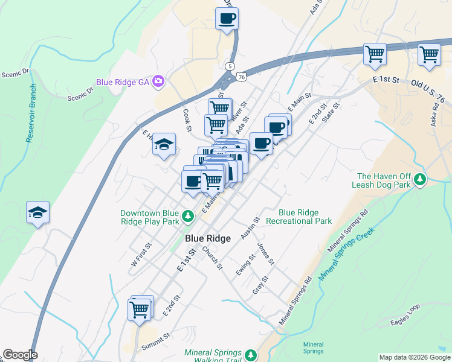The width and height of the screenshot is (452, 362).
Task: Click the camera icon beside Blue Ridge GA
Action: pos(158,81)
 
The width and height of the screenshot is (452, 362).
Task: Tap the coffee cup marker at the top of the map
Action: pos(227,18)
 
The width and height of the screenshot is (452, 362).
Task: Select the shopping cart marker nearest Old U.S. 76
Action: pos(429,54)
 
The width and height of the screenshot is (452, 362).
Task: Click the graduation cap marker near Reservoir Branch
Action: pos(37,212)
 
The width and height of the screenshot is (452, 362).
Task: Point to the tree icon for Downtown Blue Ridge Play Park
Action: pos(188,215)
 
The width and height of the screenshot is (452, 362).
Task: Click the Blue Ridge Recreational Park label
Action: pos(305,217)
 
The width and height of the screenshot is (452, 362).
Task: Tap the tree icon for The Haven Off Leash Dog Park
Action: pos(420,180)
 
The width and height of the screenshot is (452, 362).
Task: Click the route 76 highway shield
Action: pos(242,77)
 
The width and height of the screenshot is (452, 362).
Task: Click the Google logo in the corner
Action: pos(20,355)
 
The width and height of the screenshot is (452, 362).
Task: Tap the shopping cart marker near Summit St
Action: pos(140,310)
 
